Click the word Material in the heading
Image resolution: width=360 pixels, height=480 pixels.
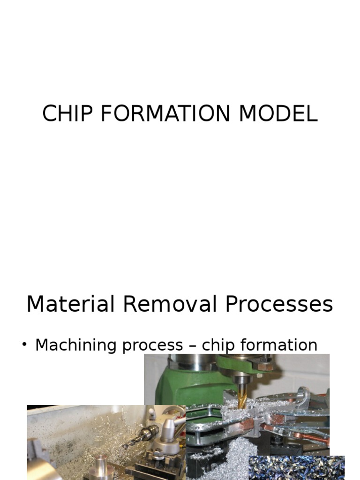71,304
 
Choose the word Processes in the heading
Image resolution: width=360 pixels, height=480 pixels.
279,305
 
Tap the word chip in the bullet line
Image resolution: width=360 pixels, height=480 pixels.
218,345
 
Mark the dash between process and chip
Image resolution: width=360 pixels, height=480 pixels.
192,346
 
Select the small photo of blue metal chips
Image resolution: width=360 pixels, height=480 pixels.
296,467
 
